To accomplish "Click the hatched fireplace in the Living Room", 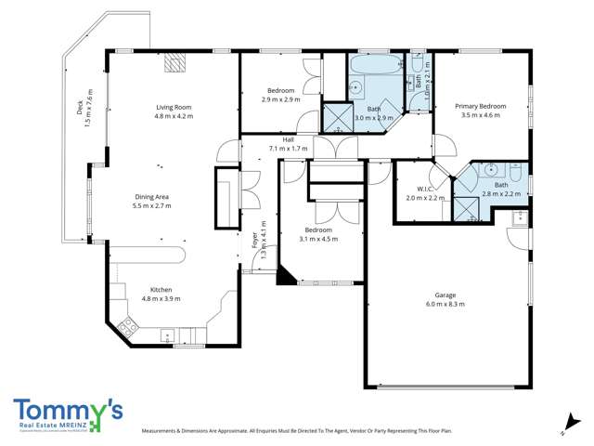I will click(174, 63).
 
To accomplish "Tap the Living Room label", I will click(173, 108).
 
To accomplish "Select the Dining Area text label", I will click(152, 197).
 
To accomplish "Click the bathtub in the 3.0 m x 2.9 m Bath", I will click(377, 67).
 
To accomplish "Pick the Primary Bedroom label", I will click(480, 107).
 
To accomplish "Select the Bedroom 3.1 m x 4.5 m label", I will click(317, 230).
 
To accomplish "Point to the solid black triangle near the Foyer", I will click(286, 275).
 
